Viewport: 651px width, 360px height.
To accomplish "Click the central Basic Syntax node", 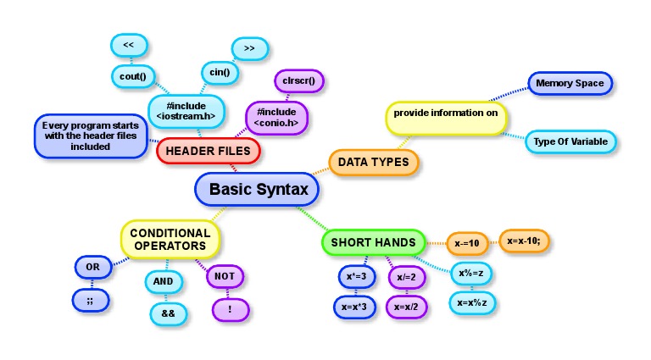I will (258, 189).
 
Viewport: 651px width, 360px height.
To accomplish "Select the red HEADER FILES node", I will (208, 151).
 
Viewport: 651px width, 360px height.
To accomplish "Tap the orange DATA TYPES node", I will (373, 162).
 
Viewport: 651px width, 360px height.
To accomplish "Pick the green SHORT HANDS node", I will (373, 242).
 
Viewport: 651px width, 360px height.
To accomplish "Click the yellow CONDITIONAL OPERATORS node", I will (170, 239).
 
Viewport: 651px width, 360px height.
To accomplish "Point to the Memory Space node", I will (570, 83).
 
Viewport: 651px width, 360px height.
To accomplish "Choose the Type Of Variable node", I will (570, 141).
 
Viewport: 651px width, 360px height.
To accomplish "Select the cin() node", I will (220, 73).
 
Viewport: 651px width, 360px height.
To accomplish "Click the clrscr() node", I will (299, 80).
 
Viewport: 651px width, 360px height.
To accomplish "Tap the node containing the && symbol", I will (167, 313).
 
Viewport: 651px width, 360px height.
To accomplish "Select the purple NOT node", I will (225, 276).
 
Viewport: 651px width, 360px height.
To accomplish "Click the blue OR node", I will (93, 268).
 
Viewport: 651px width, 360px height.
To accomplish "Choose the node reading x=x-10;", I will (525, 241).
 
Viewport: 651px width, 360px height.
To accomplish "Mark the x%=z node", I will (470, 274).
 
